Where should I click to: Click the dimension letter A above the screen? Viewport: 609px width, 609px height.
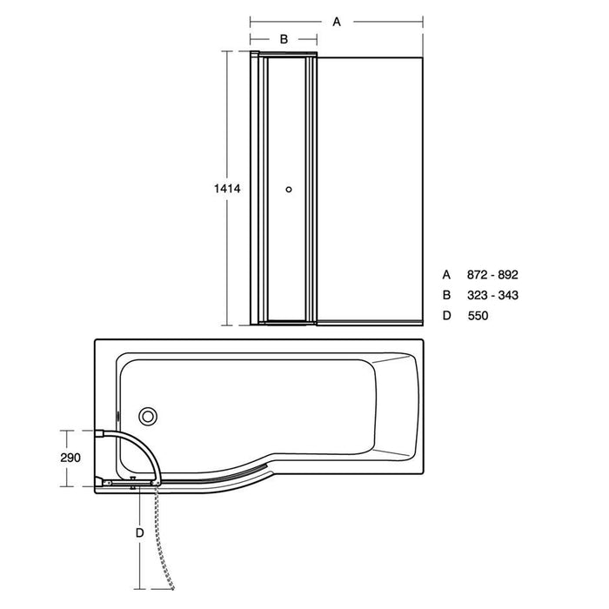(337, 22)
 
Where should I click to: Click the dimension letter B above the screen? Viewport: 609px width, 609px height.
(284, 39)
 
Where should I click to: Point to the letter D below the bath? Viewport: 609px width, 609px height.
(139, 532)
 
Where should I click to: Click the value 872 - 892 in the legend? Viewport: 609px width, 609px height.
(492, 274)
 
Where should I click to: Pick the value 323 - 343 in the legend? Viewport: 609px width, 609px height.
(492, 295)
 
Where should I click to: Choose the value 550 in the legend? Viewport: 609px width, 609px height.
(478, 316)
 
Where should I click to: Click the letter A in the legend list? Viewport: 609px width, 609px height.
(447, 274)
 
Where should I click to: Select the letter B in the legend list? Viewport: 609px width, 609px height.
(447, 295)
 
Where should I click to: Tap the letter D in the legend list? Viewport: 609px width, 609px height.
(447, 316)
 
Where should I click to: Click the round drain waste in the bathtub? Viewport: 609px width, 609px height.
(151, 417)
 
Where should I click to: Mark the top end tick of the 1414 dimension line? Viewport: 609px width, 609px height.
(230, 51)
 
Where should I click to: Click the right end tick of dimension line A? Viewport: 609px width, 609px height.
(424, 22)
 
